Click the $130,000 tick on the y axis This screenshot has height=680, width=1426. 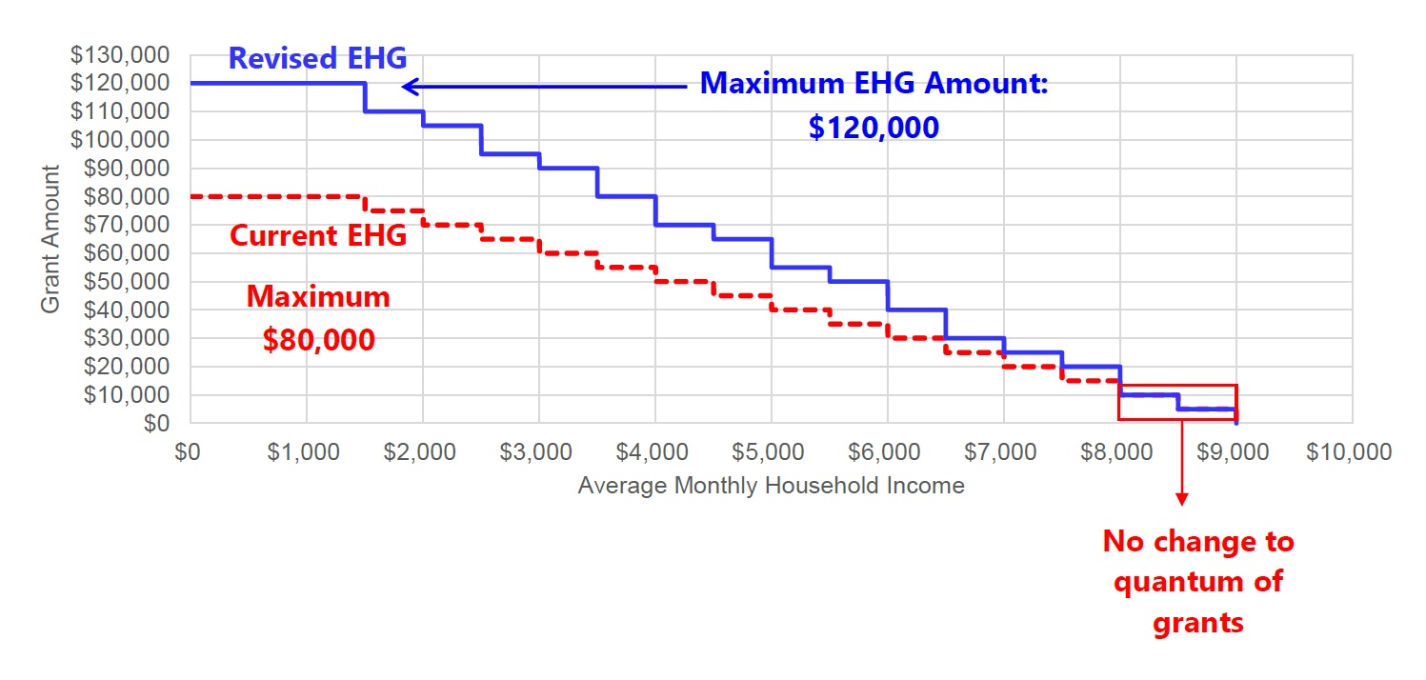[x=130, y=55]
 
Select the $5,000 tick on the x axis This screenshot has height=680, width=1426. [x=771, y=452]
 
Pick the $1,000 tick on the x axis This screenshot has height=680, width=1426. [x=306, y=452]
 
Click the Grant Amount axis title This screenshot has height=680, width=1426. [x=51, y=239]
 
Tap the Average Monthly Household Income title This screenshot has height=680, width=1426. [x=771, y=486]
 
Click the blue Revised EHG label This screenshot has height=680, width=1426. [x=317, y=59]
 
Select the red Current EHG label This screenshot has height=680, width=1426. [x=318, y=234]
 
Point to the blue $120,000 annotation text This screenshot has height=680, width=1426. [x=874, y=128]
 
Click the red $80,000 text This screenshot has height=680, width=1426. [x=318, y=340]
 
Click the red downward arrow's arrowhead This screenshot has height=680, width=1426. [x=1182, y=498]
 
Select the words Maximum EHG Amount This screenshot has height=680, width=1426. [x=874, y=84]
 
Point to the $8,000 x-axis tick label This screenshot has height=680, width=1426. [x=1119, y=452]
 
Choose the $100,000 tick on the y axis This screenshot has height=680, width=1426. [x=130, y=140]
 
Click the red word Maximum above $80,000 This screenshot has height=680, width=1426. [x=318, y=296]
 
